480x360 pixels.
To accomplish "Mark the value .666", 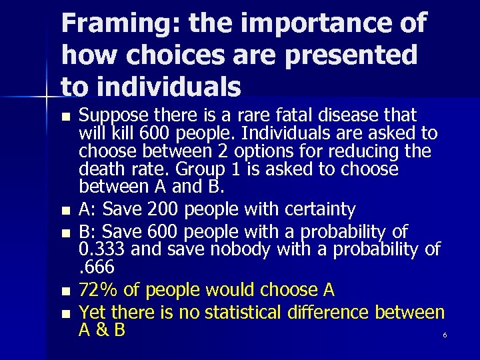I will click(x=97, y=268).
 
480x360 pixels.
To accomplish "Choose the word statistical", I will click(x=247, y=312).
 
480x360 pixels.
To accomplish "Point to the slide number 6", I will click(x=445, y=335).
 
